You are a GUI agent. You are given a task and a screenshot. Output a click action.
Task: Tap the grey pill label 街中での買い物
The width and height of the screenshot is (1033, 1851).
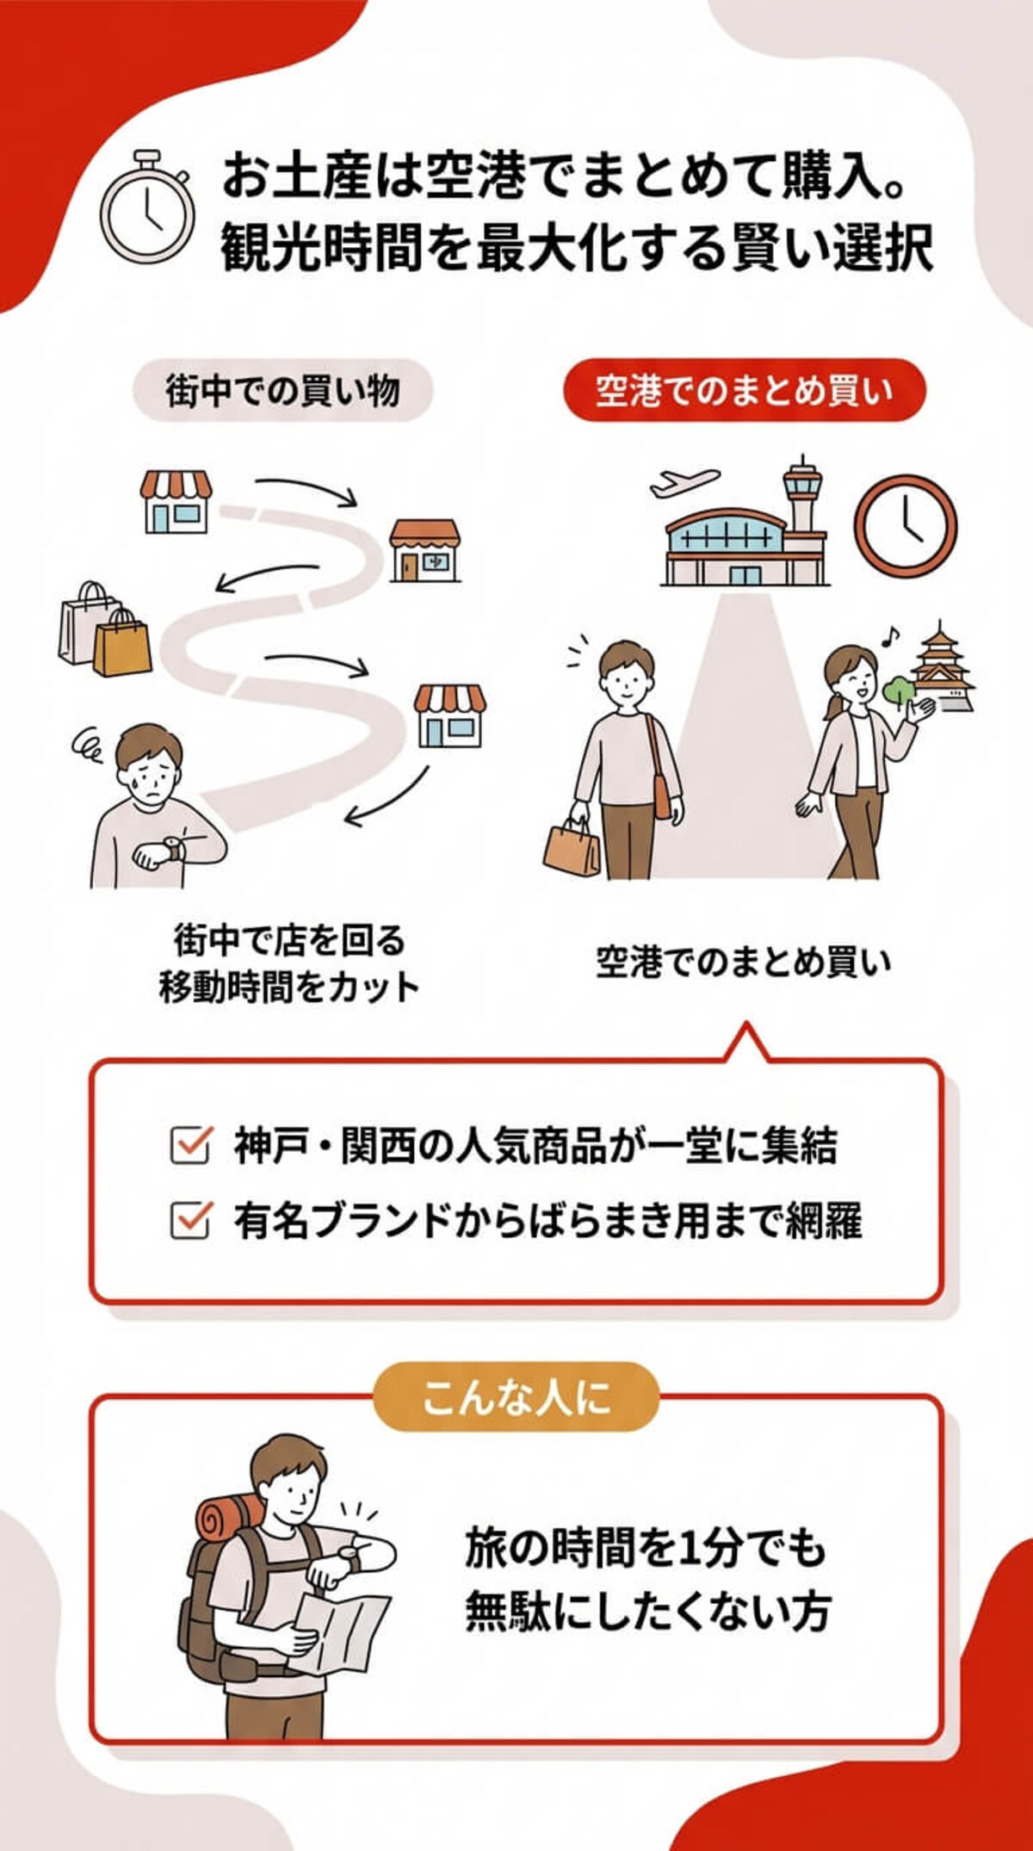[282, 391]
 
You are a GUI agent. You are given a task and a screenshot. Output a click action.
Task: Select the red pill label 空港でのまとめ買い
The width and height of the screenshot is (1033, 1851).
[744, 391]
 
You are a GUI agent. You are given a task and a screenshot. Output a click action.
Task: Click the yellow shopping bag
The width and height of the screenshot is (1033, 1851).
[122, 646]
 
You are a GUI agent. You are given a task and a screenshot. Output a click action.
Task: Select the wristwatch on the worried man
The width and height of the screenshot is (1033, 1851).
[173, 849]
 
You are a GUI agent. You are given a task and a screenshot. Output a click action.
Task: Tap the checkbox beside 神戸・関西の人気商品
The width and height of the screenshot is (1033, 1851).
[189, 1146]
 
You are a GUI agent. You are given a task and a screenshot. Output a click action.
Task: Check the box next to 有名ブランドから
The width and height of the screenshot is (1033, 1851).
[189, 1220]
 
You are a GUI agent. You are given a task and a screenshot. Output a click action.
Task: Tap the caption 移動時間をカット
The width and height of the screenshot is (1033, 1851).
[289, 987]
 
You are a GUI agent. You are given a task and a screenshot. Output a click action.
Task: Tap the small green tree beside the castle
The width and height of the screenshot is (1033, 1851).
[898, 690]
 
